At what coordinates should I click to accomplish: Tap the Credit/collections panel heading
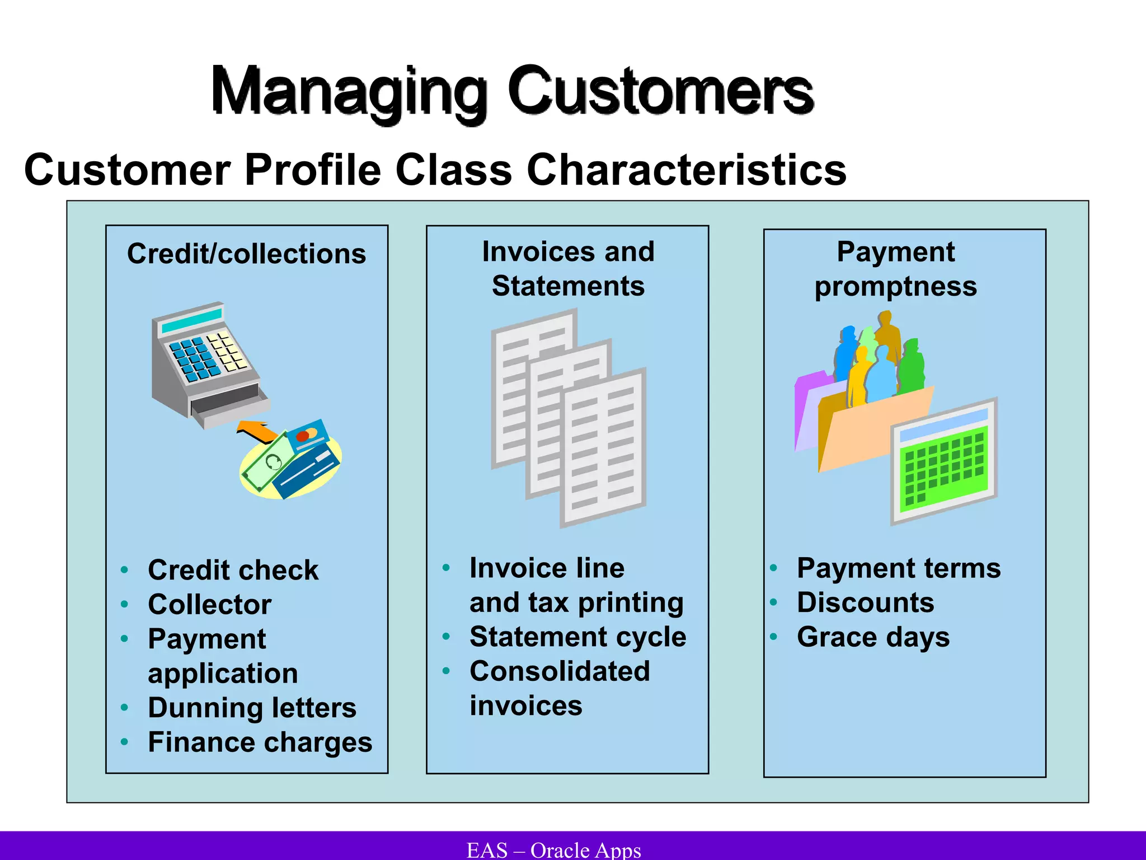pyautogui.click(x=246, y=254)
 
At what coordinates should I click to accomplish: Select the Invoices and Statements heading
pyautogui.click(x=568, y=269)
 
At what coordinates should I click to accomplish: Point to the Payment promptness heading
pyautogui.click(x=895, y=269)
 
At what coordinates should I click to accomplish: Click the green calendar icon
pyautogui.click(x=945, y=462)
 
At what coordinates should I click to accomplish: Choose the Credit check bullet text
pyautogui.click(x=233, y=570)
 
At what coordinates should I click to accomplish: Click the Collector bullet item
pyautogui.click(x=209, y=605)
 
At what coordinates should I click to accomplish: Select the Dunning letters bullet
pyautogui.click(x=252, y=708)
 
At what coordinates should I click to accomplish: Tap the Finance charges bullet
pyautogui.click(x=260, y=742)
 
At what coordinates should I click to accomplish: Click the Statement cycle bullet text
pyautogui.click(x=577, y=637)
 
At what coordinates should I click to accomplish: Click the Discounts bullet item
pyautogui.click(x=865, y=603)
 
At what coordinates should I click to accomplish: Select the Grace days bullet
pyautogui.click(x=873, y=637)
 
